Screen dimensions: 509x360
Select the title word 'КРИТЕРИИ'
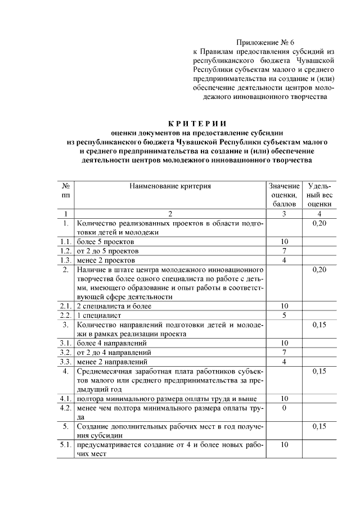click(x=196, y=124)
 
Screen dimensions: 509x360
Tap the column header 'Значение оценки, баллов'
click(x=284, y=195)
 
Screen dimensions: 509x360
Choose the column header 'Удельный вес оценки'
click(x=319, y=195)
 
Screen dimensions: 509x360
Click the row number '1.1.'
click(x=66, y=241)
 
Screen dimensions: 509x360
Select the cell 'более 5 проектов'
click(x=106, y=241)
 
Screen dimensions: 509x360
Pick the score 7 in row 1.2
click(x=284, y=251)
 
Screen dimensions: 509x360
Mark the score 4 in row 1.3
click(x=284, y=260)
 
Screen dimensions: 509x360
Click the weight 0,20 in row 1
click(x=319, y=223)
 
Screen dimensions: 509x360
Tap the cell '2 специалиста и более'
click(x=114, y=306)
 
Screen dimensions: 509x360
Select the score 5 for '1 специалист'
click(x=284, y=315)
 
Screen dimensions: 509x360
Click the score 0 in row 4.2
click(x=284, y=407)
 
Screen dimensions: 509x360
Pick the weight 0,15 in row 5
click(x=319, y=426)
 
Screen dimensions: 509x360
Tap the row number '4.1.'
click(x=66, y=398)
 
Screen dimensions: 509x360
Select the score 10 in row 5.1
click(x=284, y=444)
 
